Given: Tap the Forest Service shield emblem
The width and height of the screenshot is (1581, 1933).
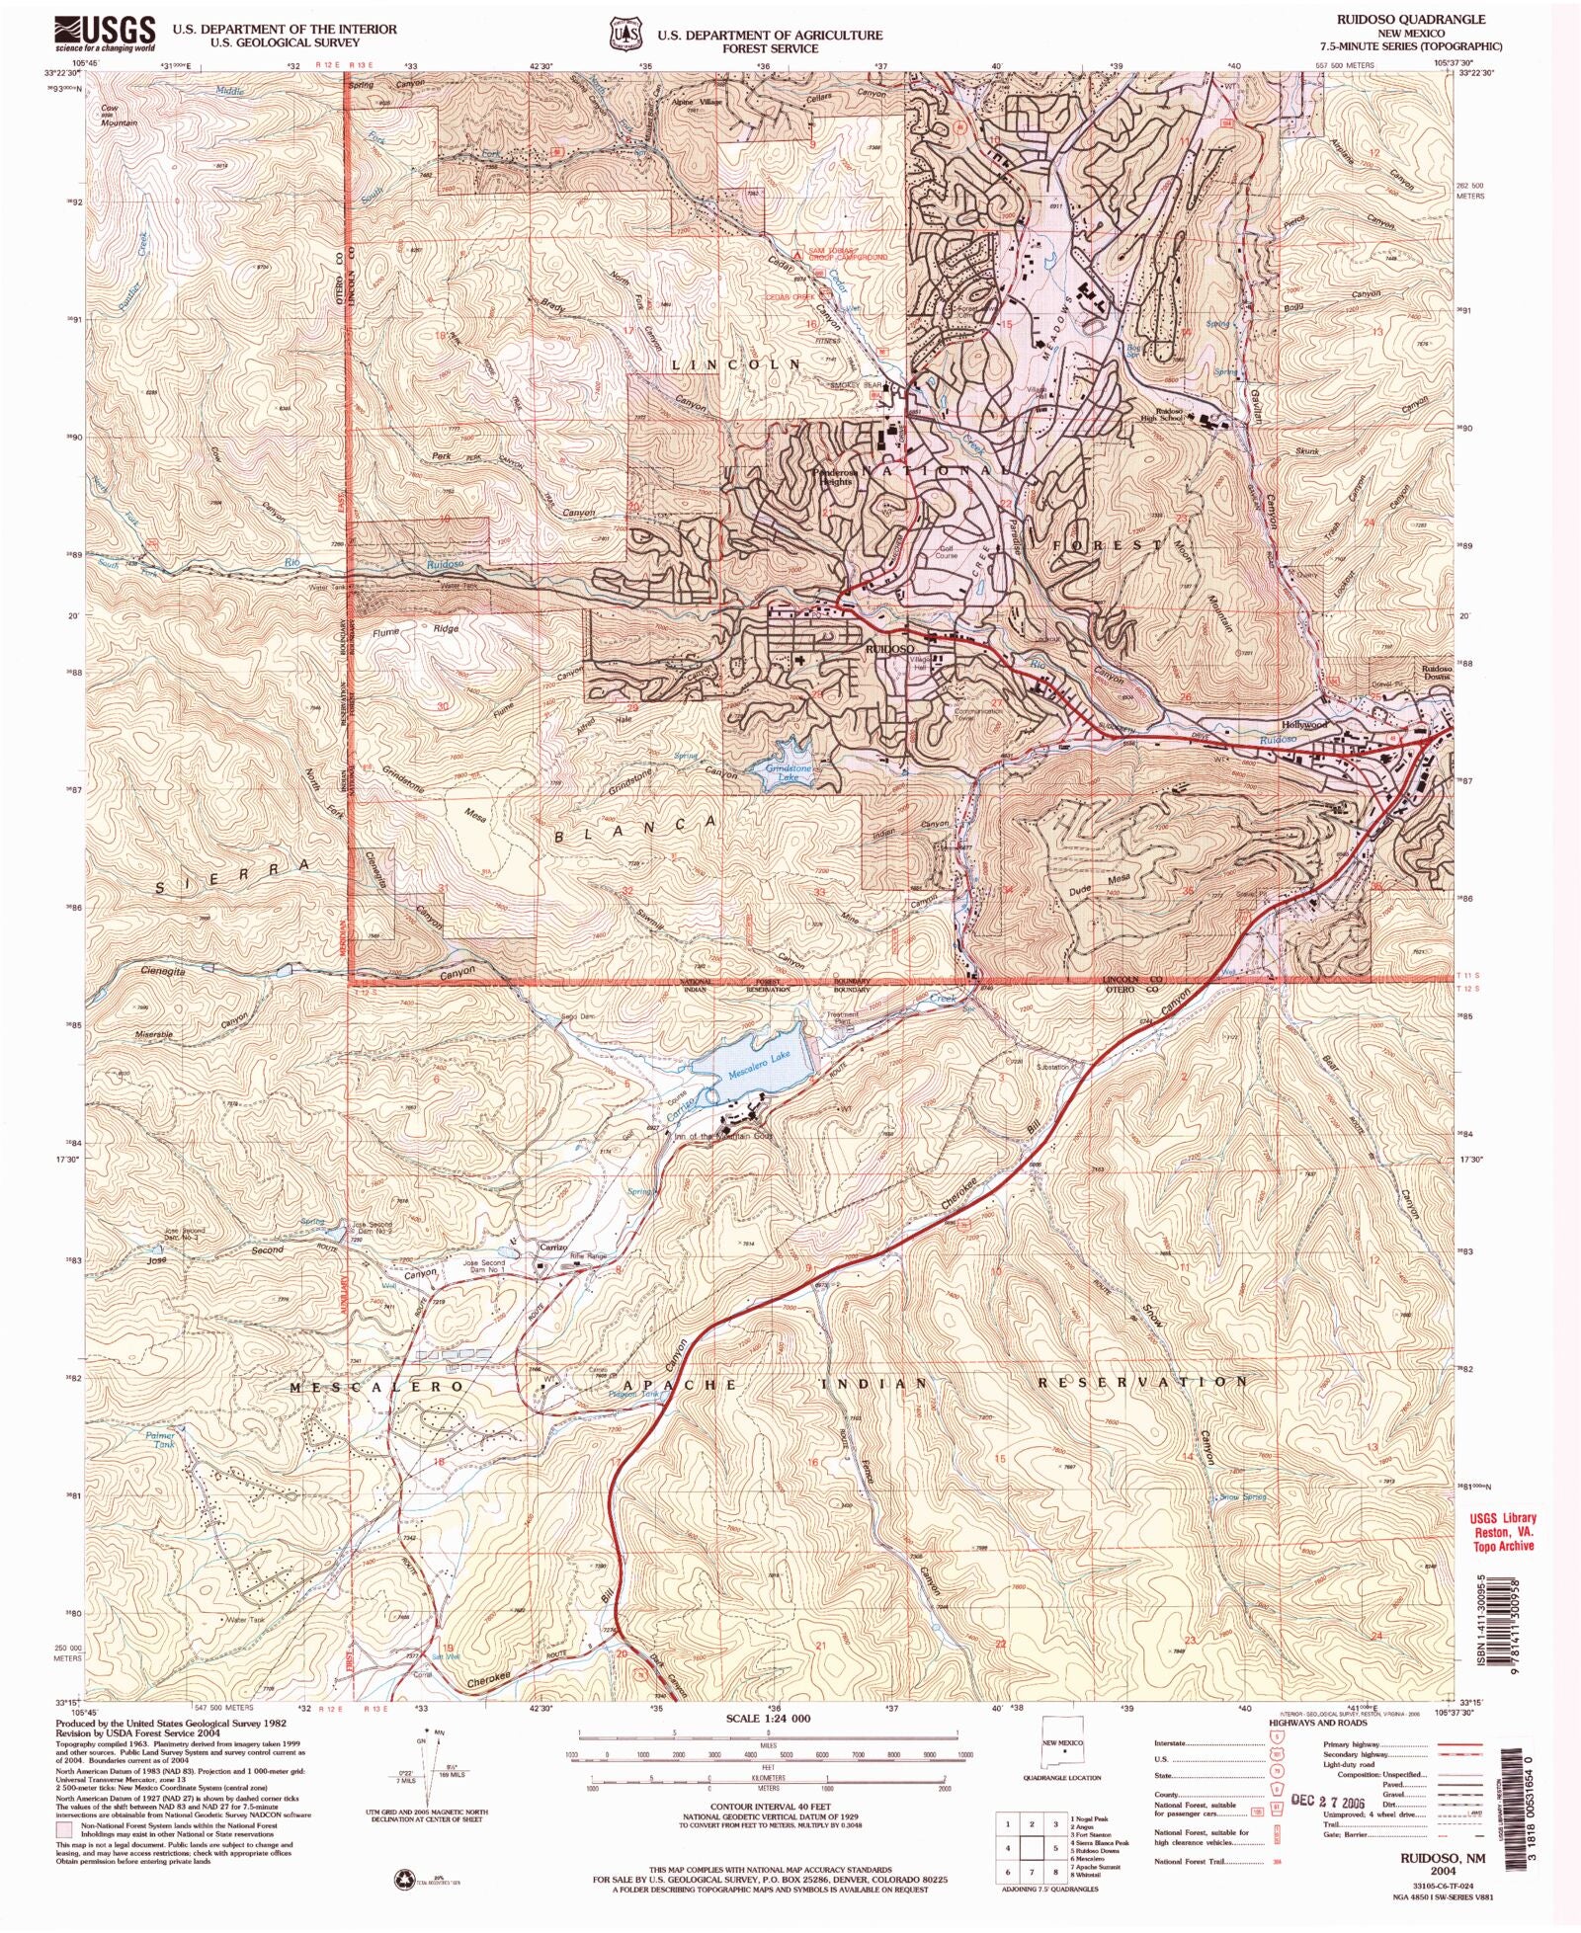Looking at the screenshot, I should pyautogui.click(x=624, y=35).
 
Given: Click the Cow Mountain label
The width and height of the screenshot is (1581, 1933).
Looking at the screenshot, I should pyautogui.click(x=117, y=116).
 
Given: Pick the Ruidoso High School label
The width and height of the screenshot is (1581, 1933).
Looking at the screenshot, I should pyautogui.click(x=1170, y=414).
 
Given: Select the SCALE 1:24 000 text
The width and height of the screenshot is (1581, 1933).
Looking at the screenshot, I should pyautogui.click(x=768, y=1719).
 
